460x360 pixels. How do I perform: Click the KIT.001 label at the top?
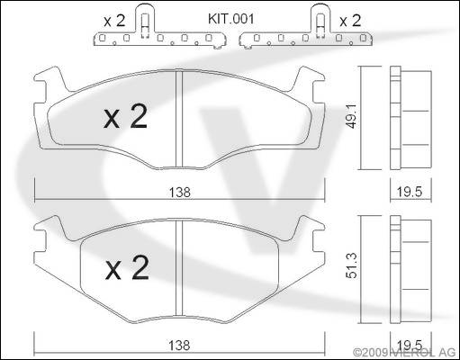coord(230,19)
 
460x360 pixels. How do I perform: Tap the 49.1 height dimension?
coord(351,116)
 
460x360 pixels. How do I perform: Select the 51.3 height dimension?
coord(351,265)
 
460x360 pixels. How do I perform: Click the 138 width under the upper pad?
coord(179,193)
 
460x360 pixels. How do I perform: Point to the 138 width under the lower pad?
coord(179,346)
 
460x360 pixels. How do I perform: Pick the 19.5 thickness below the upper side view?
coord(410,192)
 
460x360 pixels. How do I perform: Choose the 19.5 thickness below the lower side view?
coord(410,345)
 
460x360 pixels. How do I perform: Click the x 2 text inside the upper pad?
coord(126,116)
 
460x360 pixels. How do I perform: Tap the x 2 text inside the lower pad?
coord(127,267)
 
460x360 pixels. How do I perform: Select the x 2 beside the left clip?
coord(114,21)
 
